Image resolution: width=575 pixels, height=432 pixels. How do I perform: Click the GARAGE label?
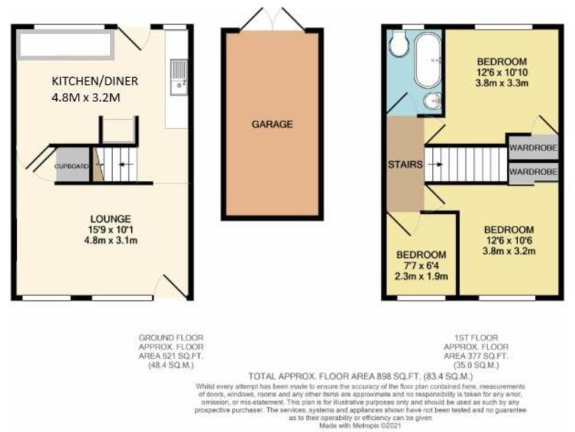coord(272,124)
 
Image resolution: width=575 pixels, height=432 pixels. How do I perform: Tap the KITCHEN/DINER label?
coord(94,80)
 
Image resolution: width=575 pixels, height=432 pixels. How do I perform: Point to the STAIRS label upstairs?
coord(405,164)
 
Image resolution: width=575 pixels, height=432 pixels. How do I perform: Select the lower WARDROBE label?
coord(533,172)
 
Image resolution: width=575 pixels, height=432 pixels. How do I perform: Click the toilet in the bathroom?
coord(398,46)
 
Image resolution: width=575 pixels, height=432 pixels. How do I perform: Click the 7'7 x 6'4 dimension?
coord(422,265)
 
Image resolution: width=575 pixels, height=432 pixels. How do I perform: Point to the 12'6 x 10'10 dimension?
coord(502,73)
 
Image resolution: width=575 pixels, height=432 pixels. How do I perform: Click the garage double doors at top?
coord(272,19)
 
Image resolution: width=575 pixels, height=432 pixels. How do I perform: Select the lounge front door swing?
coord(171,287)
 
